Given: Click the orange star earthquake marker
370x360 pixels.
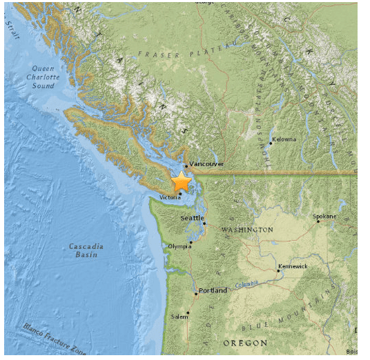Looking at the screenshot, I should click(x=181, y=182).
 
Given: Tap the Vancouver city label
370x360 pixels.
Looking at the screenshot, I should click(x=206, y=164).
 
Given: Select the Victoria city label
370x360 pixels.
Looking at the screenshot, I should click(x=170, y=197).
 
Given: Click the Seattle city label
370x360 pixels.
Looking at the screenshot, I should click(x=193, y=218).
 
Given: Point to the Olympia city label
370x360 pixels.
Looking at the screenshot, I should click(x=179, y=246).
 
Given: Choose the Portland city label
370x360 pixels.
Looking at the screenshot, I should click(x=213, y=290).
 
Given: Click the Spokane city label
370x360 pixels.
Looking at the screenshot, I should click(x=324, y=216).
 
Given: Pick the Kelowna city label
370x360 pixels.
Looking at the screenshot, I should click(x=284, y=139).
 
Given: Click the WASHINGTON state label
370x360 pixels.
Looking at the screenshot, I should click(x=246, y=230).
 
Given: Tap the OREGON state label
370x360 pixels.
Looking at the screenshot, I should click(x=244, y=343).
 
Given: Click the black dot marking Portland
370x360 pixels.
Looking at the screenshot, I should click(x=196, y=294).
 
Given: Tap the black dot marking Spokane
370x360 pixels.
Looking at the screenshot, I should click(x=318, y=221).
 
